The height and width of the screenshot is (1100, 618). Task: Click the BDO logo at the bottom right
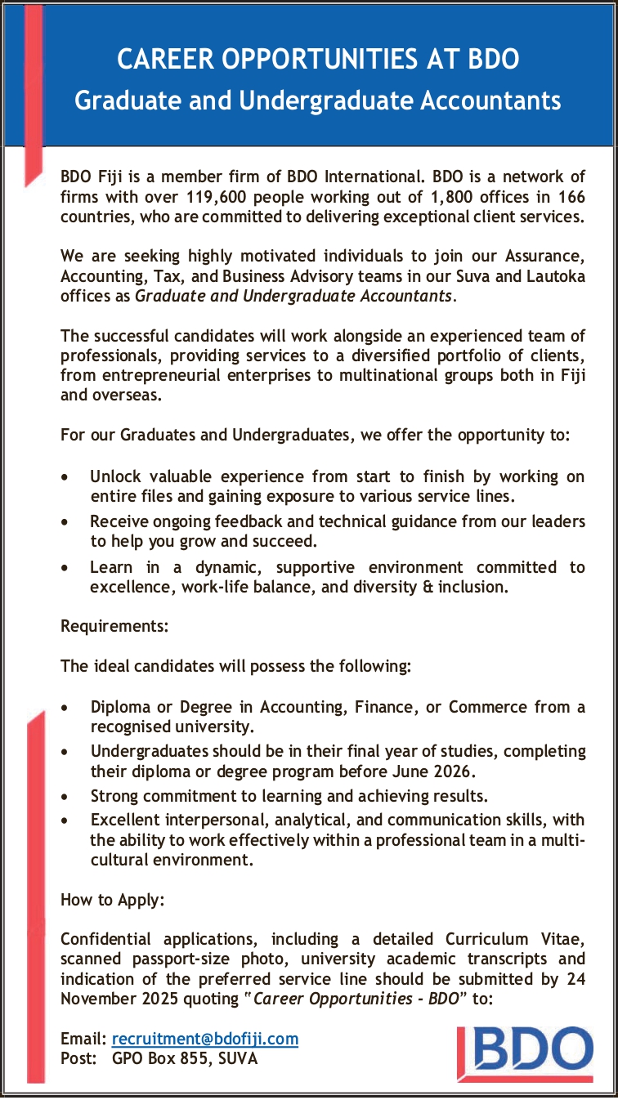526,1051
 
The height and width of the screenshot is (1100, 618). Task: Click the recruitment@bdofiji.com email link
204,1039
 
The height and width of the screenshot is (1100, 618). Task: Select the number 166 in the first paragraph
571,197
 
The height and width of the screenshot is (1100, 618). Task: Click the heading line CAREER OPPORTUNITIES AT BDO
318,60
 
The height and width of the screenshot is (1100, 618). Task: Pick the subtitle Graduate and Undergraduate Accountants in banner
318,101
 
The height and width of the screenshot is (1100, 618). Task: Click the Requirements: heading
114,627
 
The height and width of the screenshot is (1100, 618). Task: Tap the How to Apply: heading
113,901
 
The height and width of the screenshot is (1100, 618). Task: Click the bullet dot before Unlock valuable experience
66,476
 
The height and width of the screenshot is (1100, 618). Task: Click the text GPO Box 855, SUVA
184,1058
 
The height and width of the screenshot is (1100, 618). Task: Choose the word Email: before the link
83,1039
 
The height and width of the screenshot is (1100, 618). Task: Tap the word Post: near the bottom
79,1058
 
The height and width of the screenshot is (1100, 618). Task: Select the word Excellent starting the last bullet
126,819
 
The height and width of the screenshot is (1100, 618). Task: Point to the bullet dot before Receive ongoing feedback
66,521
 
